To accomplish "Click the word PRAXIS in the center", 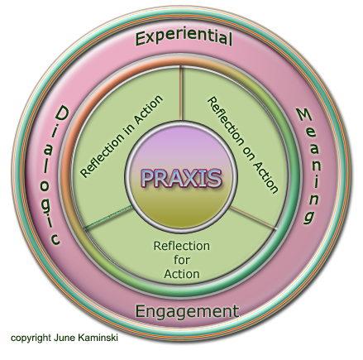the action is [x=181, y=179].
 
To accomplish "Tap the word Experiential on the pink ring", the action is [x=184, y=38].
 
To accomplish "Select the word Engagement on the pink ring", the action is [x=187, y=312].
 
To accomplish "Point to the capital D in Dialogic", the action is [x=62, y=114].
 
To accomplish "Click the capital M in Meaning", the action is [x=303, y=115].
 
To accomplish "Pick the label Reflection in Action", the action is [x=122, y=137].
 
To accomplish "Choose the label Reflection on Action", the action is [x=242, y=145].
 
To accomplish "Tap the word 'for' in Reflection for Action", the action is [x=182, y=260].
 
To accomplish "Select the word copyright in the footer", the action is [x=31, y=338].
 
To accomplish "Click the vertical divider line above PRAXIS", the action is [x=181, y=94].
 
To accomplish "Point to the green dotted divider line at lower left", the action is [x=109, y=217].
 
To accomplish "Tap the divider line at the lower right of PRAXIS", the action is [x=253, y=218].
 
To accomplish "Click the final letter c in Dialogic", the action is [x=55, y=239].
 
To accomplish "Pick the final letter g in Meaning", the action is [x=309, y=217].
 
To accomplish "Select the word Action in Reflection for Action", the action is [x=182, y=274].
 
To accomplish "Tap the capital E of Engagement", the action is [x=140, y=311].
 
